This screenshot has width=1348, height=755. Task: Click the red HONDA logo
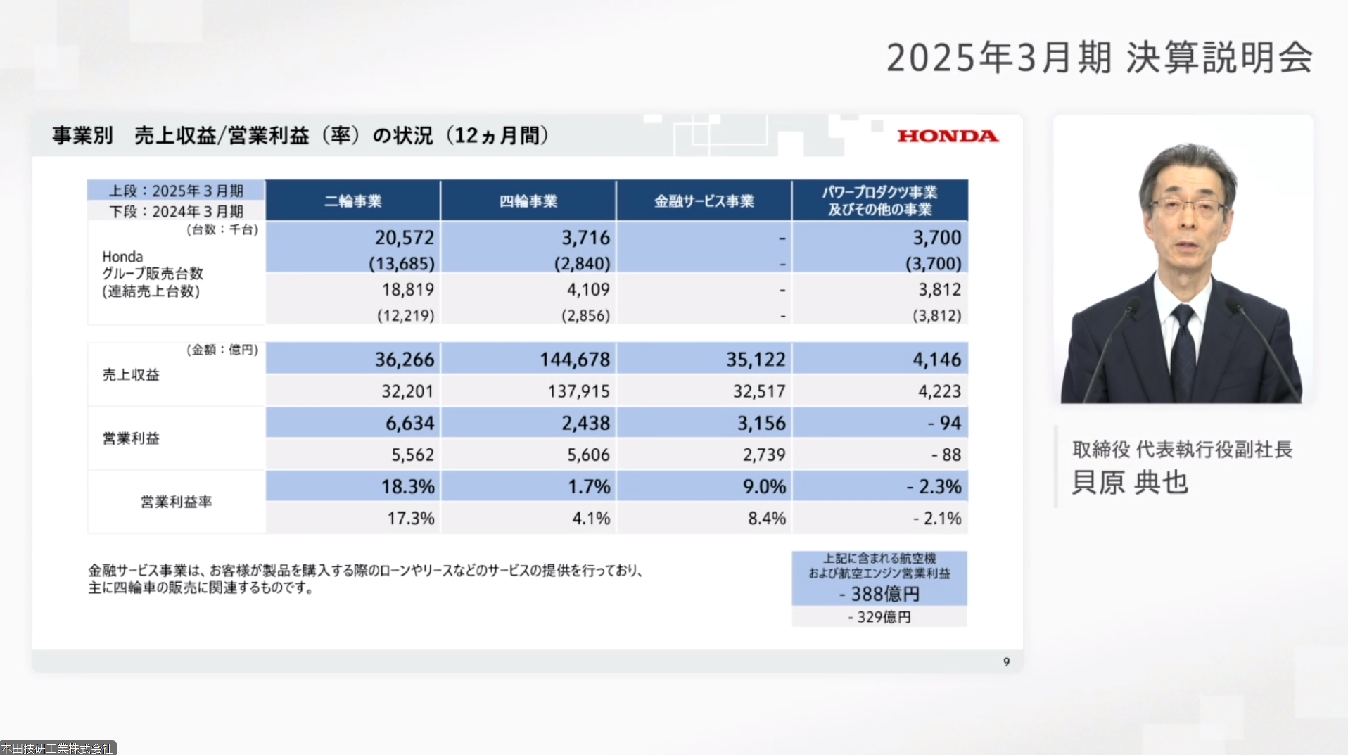947,136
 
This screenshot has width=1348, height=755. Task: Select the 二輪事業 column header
352,201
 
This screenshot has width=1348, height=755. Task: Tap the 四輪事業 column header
528,201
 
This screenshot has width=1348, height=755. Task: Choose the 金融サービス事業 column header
704,201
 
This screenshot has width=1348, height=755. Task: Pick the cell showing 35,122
756,360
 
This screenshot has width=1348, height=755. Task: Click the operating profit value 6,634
409,423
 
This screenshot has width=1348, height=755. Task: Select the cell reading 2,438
585,423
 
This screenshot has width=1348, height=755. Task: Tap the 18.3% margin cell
407,486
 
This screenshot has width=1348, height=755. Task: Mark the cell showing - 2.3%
934,486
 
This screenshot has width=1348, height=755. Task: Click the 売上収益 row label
131,375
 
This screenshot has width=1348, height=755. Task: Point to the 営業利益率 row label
176,502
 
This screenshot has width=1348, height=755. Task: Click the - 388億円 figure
879,595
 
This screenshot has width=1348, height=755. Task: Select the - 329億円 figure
879,617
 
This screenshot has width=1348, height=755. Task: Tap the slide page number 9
1006,662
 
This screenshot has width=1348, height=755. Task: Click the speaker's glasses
1187,208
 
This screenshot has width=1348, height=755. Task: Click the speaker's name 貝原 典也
1129,483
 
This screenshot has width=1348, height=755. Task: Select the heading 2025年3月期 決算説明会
1099,58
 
